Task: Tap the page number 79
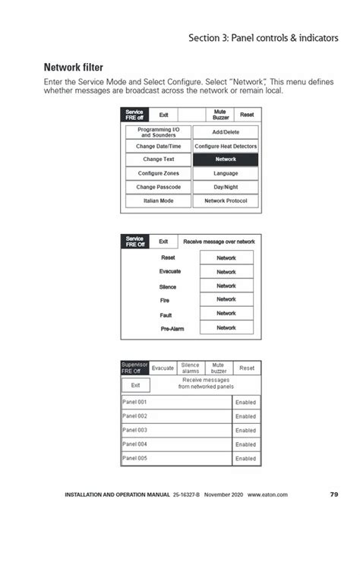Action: click(334, 494)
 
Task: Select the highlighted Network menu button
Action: click(226, 160)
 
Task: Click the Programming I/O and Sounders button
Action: click(158, 132)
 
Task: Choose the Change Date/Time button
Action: click(158, 146)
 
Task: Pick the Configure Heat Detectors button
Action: click(226, 146)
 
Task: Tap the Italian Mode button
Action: click(158, 201)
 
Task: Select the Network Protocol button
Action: click(226, 201)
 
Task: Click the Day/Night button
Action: click(226, 187)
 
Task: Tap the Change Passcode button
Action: click(158, 187)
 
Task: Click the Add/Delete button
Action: click(226, 132)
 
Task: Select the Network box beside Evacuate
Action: click(226, 272)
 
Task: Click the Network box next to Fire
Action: click(226, 300)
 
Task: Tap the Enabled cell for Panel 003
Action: click(245, 431)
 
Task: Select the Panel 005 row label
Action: click(134, 459)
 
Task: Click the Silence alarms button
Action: click(191, 368)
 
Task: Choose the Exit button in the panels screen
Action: click(135, 385)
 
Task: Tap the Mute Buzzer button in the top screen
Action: click(220, 115)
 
